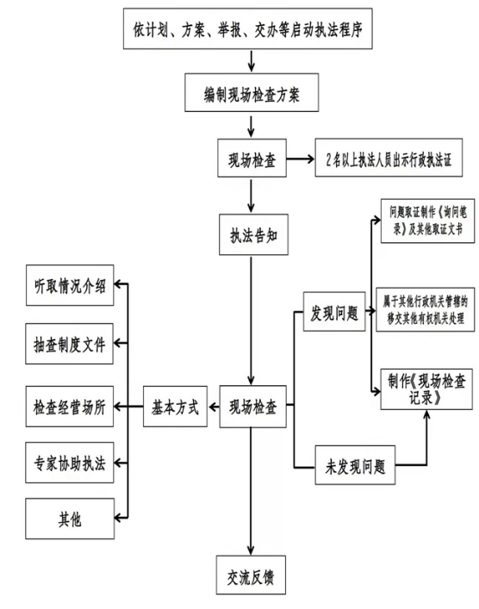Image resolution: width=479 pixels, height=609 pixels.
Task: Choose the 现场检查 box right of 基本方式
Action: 254,407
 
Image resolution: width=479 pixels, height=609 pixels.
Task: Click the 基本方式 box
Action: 176,407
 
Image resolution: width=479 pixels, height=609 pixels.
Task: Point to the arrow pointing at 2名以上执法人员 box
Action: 299,160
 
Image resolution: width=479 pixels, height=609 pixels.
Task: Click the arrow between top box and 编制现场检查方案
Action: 251,63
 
